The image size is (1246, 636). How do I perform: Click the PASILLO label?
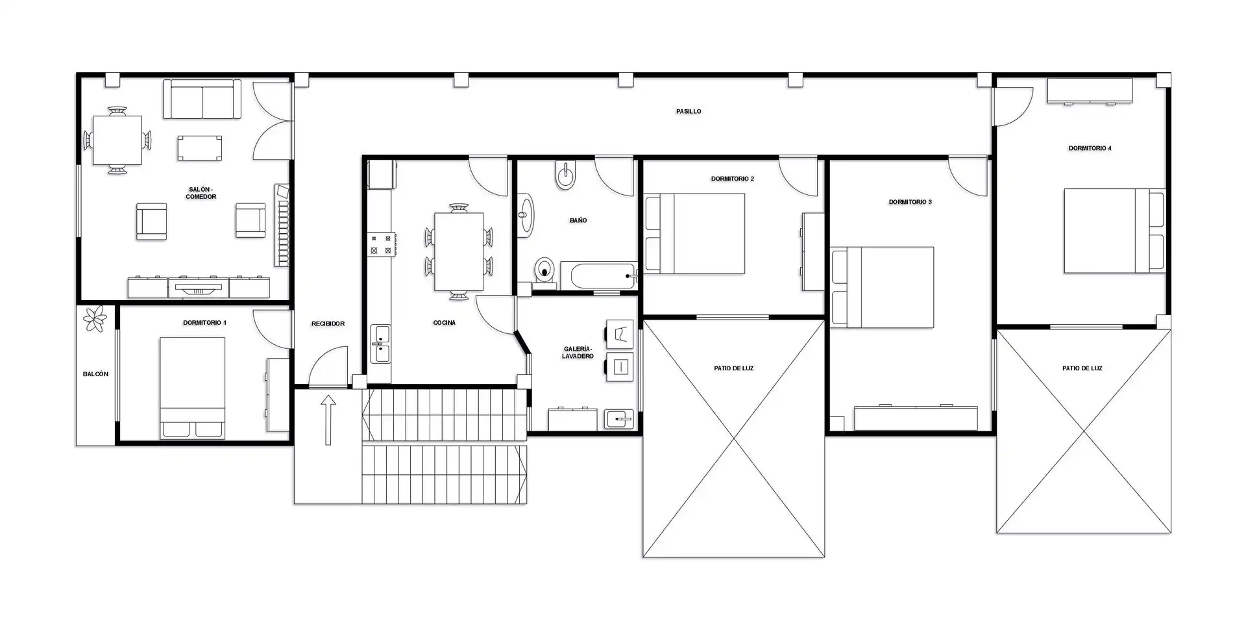point(689,112)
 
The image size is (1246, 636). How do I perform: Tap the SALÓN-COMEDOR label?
point(201,193)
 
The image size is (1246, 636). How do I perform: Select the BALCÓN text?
point(96,374)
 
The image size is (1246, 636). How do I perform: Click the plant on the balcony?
point(96,318)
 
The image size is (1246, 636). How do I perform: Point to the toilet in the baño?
point(545,271)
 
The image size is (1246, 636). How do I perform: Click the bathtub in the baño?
point(598,276)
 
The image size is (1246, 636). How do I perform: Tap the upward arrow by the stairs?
point(328,420)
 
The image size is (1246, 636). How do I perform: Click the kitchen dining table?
point(459,251)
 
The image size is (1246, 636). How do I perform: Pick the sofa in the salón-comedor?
point(202,99)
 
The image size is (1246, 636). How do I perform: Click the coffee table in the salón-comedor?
point(200,148)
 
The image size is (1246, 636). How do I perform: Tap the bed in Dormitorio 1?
point(193,387)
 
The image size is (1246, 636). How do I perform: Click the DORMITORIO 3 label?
point(910,202)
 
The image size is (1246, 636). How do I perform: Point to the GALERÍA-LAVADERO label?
point(578,353)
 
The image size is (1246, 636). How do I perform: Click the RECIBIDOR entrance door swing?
point(329,367)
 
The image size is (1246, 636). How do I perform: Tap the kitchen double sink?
point(380,344)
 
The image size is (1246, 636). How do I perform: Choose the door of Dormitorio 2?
point(799,176)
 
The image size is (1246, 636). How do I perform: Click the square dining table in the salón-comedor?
point(117,140)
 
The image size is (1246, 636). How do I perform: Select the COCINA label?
point(445,323)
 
